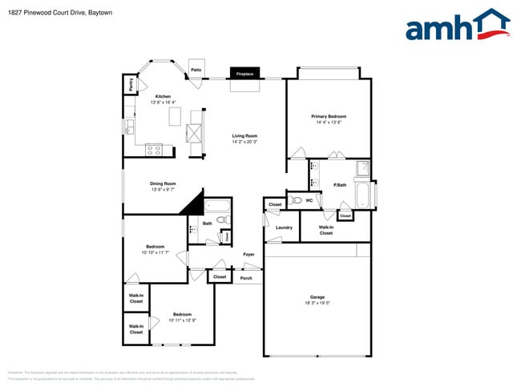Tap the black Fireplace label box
pos(244,75)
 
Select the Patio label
pos(196,71)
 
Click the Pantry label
pos(128,84)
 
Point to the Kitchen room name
pos(164,97)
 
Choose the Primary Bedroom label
pos(329,116)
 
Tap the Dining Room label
pos(163,183)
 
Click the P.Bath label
pos(340,185)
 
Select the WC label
pos(309,200)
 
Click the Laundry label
pos(284,228)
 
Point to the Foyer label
pos(248,255)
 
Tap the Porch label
pos(246,278)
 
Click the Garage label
pos(317,296)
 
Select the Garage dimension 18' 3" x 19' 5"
pos(317,303)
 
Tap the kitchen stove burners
pos(154,148)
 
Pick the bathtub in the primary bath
pos(364,195)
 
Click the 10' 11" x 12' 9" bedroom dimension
pos(181,320)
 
